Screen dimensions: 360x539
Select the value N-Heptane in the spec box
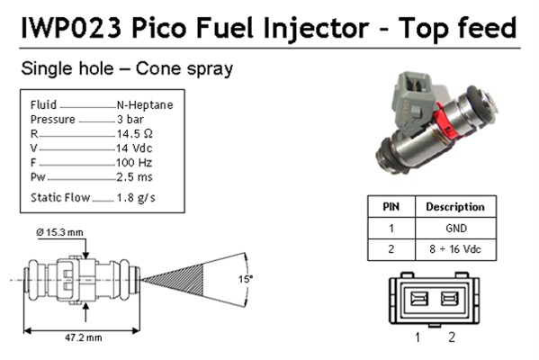(x=145, y=104)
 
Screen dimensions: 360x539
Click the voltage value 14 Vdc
(x=134, y=148)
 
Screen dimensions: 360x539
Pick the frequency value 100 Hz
(x=133, y=162)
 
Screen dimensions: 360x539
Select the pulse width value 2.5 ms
(x=134, y=176)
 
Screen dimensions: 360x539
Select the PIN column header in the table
(x=391, y=206)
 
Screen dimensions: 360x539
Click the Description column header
(x=454, y=206)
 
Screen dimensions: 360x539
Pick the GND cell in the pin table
(x=454, y=228)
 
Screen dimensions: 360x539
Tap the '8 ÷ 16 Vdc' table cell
(x=454, y=249)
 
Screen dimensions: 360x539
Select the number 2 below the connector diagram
(x=452, y=338)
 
